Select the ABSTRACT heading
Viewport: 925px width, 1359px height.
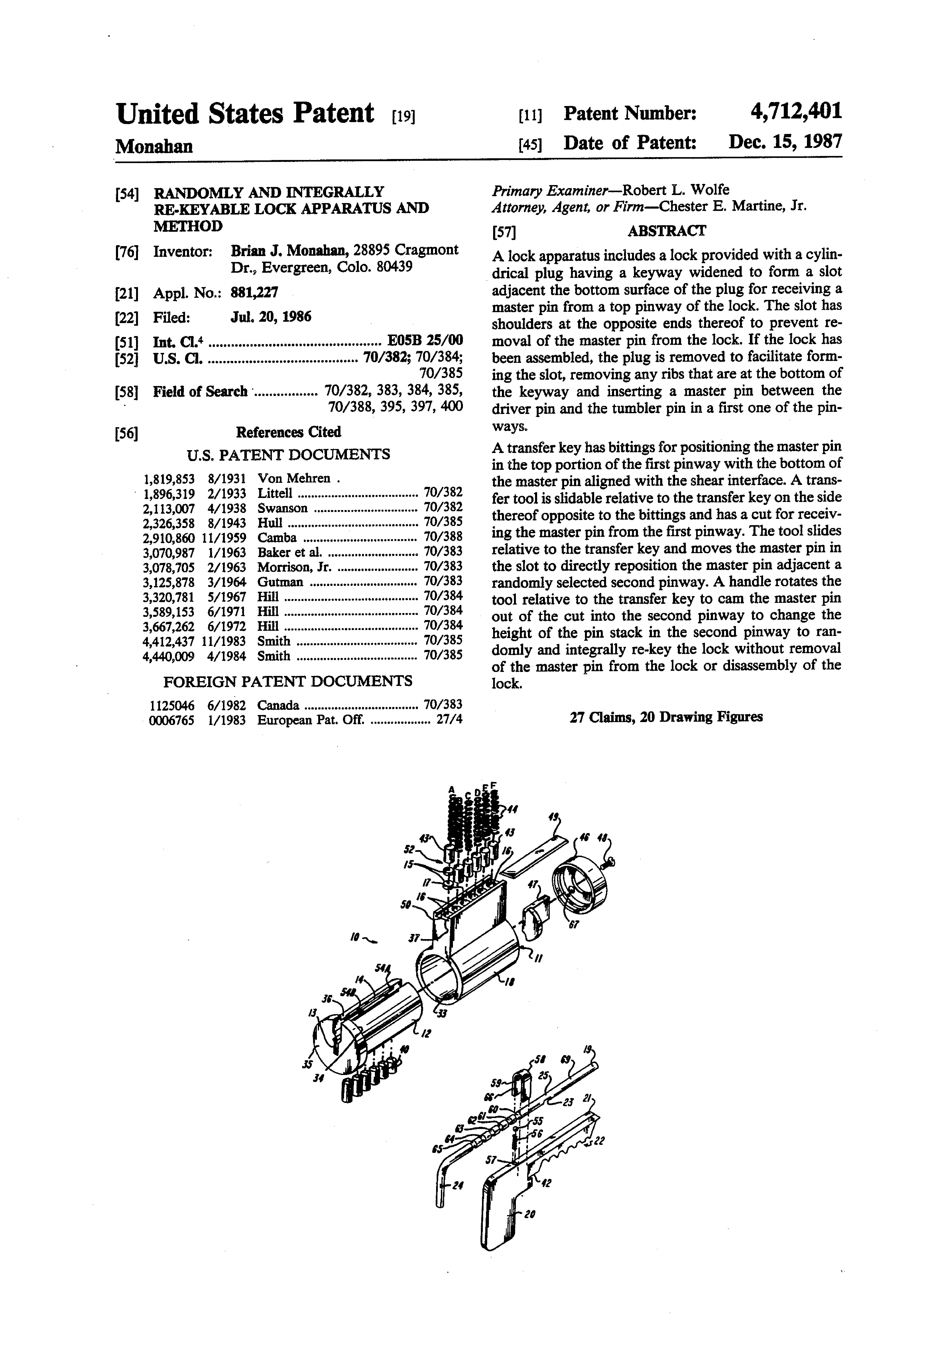666,231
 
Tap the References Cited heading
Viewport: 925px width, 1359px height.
288,432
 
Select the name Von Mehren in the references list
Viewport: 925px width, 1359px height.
294,478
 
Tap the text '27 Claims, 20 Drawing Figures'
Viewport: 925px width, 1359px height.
666,717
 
